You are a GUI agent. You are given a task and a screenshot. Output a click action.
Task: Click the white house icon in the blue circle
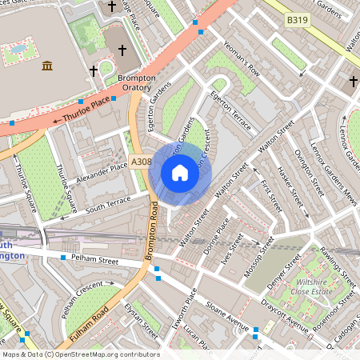pyautogui.click(x=180, y=173)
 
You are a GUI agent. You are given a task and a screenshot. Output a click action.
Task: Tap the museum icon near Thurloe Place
pyautogui.click(x=47, y=65)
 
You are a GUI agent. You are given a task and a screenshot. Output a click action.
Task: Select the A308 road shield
pyautogui.click(x=141, y=162)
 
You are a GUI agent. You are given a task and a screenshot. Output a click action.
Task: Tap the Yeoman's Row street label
pyautogui.click(x=242, y=60)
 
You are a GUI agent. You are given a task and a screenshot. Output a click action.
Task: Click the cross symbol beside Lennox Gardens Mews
pyautogui.click(x=353, y=81)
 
